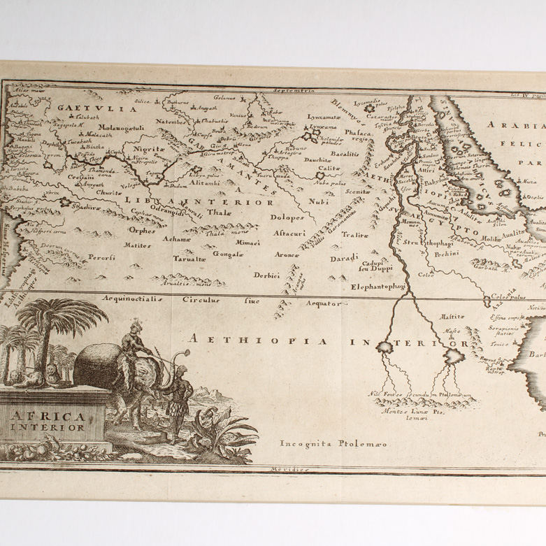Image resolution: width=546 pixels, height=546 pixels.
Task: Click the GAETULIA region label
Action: (x=87, y=108)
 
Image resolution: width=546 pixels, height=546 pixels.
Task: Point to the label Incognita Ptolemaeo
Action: (x=324, y=443)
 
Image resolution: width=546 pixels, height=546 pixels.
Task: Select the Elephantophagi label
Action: (x=378, y=286)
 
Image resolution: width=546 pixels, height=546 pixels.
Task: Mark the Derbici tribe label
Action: (x=267, y=275)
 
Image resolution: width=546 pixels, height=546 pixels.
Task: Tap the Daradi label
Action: (x=345, y=258)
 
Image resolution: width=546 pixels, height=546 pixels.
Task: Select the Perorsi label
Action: (x=102, y=257)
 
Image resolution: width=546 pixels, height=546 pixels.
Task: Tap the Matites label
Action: (x=137, y=245)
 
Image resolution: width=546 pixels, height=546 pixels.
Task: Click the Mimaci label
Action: (x=248, y=242)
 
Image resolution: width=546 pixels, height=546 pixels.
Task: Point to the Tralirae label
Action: (x=354, y=235)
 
